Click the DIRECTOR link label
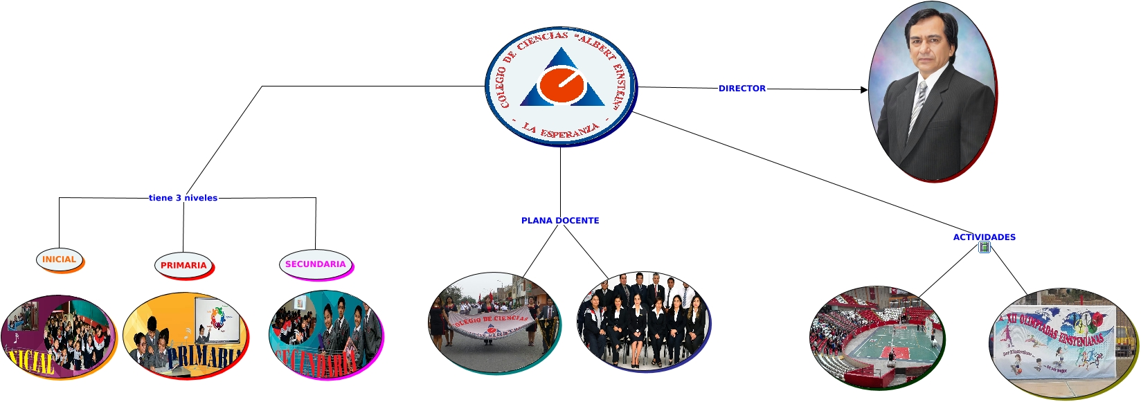click(x=742, y=89)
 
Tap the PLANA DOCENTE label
click(x=560, y=221)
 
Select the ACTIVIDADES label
click(x=984, y=237)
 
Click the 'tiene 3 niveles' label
click(x=183, y=198)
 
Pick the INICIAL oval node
click(x=59, y=259)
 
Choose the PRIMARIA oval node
click(x=183, y=265)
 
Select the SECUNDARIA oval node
click(x=315, y=264)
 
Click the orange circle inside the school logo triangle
click(x=561, y=84)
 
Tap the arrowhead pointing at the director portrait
click(x=863, y=90)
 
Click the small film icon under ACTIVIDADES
click(x=985, y=248)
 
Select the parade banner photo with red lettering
click(x=493, y=322)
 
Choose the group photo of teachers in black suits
click(x=643, y=320)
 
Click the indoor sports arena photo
click(x=876, y=337)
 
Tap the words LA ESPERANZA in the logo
click(x=560, y=129)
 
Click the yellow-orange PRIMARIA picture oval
click(x=185, y=336)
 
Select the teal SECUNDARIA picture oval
click(x=325, y=334)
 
